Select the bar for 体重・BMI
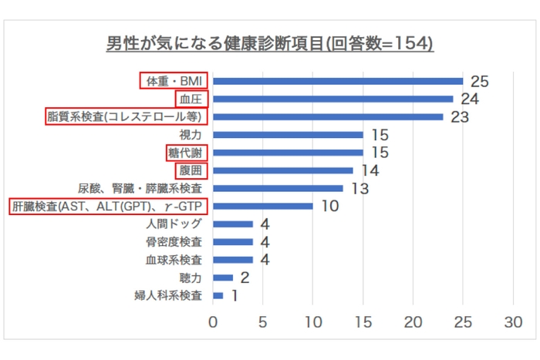coord(338,81)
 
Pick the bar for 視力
coord(288,135)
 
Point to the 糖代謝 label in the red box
coord(186,153)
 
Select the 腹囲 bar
coord(283,170)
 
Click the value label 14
coord(371,170)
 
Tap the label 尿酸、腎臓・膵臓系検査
coord(140,188)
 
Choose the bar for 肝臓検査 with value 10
coord(263,207)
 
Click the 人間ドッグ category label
coord(174,224)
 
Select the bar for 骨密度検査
coord(233,242)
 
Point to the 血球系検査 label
coord(174,260)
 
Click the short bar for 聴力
coord(223,278)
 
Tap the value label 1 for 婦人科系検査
coord(234,295)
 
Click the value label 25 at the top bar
coord(481,81)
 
